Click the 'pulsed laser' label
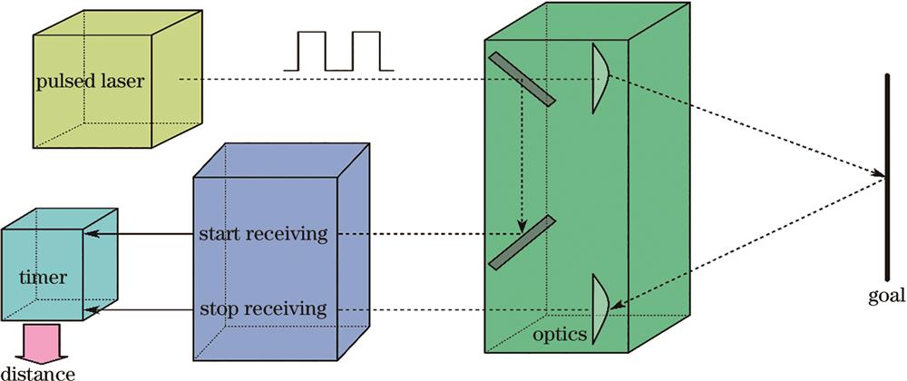(x=92, y=82)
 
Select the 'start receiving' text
(x=263, y=235)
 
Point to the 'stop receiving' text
(x=263, y=309)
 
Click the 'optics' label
(x=560, y=336)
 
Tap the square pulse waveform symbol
(x=338, y=51)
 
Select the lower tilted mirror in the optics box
(x=521, y=242)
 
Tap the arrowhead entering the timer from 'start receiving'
(x=91, y=235)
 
